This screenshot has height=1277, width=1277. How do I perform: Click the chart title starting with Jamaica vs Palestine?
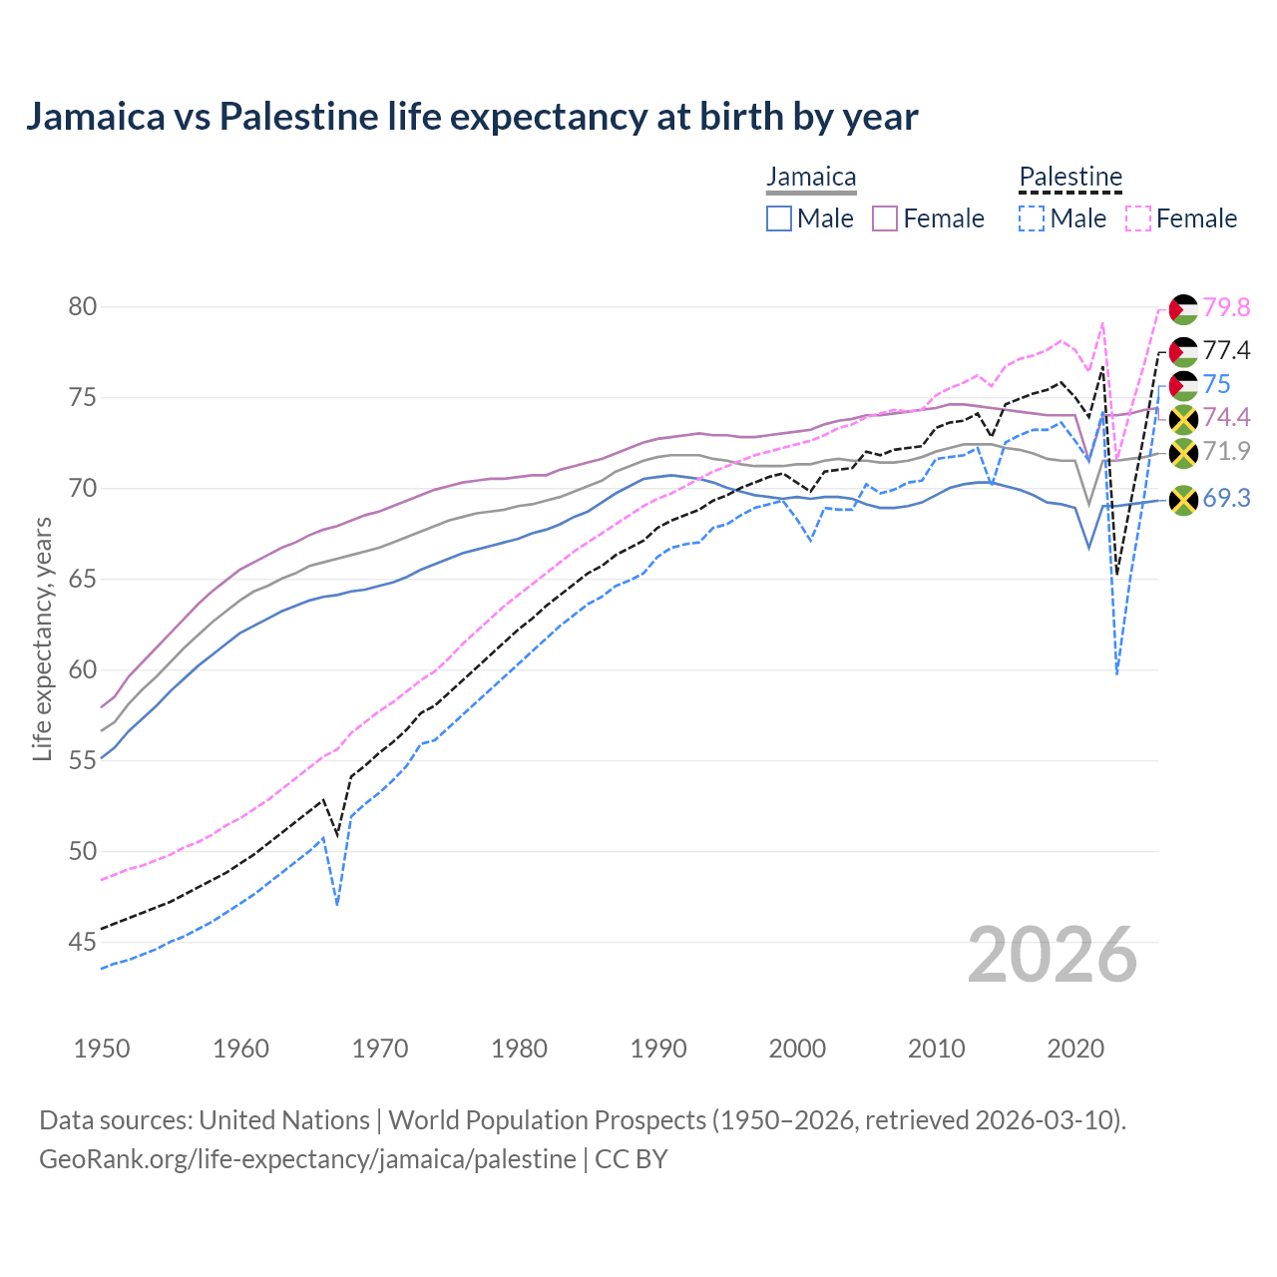click(x=471, y=117)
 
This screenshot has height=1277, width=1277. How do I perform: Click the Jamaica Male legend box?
click(x=779, y=218)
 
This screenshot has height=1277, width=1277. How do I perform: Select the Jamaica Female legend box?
click(x=885, y=218)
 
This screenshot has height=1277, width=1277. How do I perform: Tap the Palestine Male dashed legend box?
click(x=1032, y=218)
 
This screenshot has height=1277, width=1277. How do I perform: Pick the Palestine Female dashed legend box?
click(x=1138, y=218)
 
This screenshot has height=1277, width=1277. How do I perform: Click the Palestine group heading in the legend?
click(x=1070, y=178)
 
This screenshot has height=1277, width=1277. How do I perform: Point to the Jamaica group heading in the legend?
click(x=811, y=178)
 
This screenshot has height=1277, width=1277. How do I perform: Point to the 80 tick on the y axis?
click(x=83, y=306)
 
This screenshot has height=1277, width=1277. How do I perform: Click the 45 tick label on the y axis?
click(x=83, y=942)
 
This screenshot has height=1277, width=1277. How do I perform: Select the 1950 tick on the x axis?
click(x=102, y=1049)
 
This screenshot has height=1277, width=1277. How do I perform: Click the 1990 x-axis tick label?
click(x=658, y=1049)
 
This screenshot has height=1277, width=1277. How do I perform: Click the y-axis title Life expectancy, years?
click(x=42, y=638)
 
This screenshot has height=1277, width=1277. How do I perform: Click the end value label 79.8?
click(x=1226, y=308)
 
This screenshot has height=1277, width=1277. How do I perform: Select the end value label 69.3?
click(x=1226, y=498)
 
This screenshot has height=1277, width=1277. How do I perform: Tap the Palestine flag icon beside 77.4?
click(x=1183, y=351)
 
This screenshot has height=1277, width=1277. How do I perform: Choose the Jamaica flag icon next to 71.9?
click(x=1183, y=453)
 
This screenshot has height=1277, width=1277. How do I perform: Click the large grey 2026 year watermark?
click(x=1053, y=955)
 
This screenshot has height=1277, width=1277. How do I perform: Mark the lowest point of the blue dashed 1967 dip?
click(x=337, y=905)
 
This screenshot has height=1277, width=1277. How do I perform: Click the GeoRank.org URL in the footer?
click(x=307, y=1159)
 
